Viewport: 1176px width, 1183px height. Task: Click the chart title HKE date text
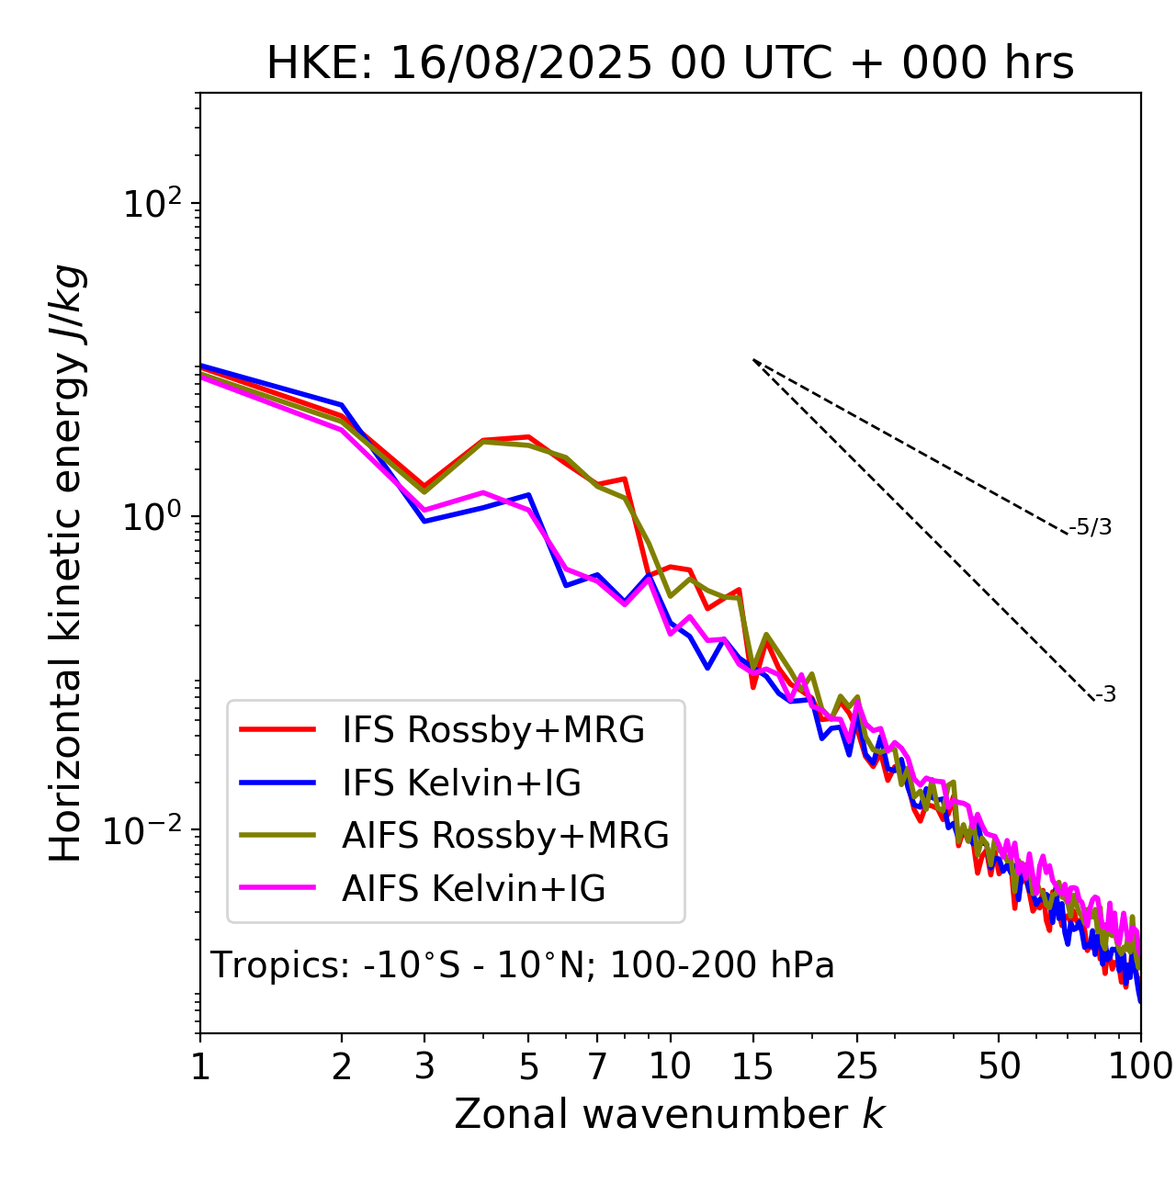click(670, 64)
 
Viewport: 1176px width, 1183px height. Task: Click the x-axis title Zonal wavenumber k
click(669, 1114)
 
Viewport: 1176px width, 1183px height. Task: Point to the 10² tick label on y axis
click(153, 203)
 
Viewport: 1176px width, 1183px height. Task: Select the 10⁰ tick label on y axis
click(153, 516)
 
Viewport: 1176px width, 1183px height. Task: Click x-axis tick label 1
click(200, 1066)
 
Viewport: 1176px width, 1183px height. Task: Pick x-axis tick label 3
click(424, 1066)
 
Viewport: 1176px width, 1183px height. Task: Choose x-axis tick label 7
click(597, 1066)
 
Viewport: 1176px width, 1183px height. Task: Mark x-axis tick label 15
click(752, 1066)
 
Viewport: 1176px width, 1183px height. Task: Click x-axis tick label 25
click(857, 1066)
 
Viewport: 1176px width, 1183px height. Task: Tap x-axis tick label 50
click(999, 1066)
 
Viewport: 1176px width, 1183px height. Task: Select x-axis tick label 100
click(1140, 1066)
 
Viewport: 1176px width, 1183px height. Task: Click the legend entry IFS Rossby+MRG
click(493, 730)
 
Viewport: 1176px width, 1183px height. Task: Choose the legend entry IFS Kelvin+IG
click(461, 783)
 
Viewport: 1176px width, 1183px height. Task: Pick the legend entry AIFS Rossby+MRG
click(505, 836)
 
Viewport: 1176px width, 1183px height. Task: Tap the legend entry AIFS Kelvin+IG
click(473, 889)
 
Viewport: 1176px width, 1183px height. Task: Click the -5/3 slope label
click(1091, 528)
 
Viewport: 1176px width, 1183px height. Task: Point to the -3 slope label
click(1105, 695)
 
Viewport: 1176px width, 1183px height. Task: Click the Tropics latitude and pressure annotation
click(522, 966)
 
